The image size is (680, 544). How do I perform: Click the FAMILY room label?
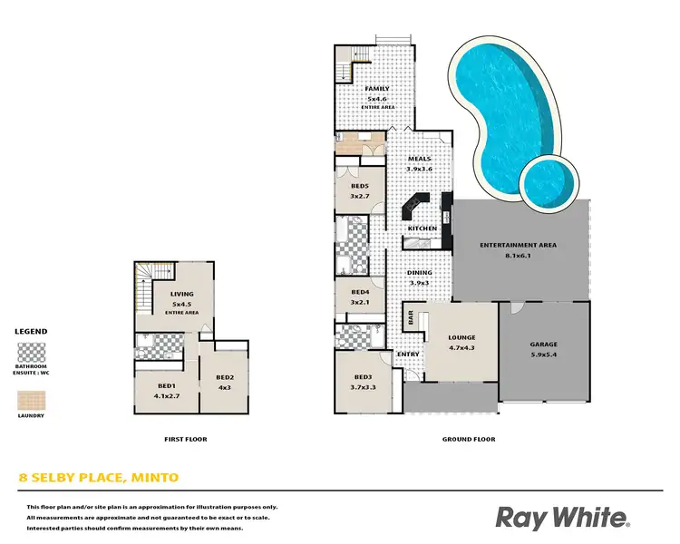pyautogui.click(x=376, y=89)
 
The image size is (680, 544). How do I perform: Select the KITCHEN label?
pyautogui.click(x=423, y=228)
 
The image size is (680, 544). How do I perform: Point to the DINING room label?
pyautogui.click(x=419, y=273)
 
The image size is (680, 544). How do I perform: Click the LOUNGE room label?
pyautogui.click(x=461, y=338)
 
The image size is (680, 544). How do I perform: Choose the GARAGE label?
pyautogui.click(x=544, y=345)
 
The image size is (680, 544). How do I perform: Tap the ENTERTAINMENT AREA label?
pyautogui.click(x=518, y=245)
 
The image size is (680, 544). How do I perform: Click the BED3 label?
pyautogui.click(x=364, y=376)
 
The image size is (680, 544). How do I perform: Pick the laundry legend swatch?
pyautogui.click(x=31, y=399)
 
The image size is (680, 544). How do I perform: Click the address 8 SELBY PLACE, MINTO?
pyautogui.click(x=100, y=477)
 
